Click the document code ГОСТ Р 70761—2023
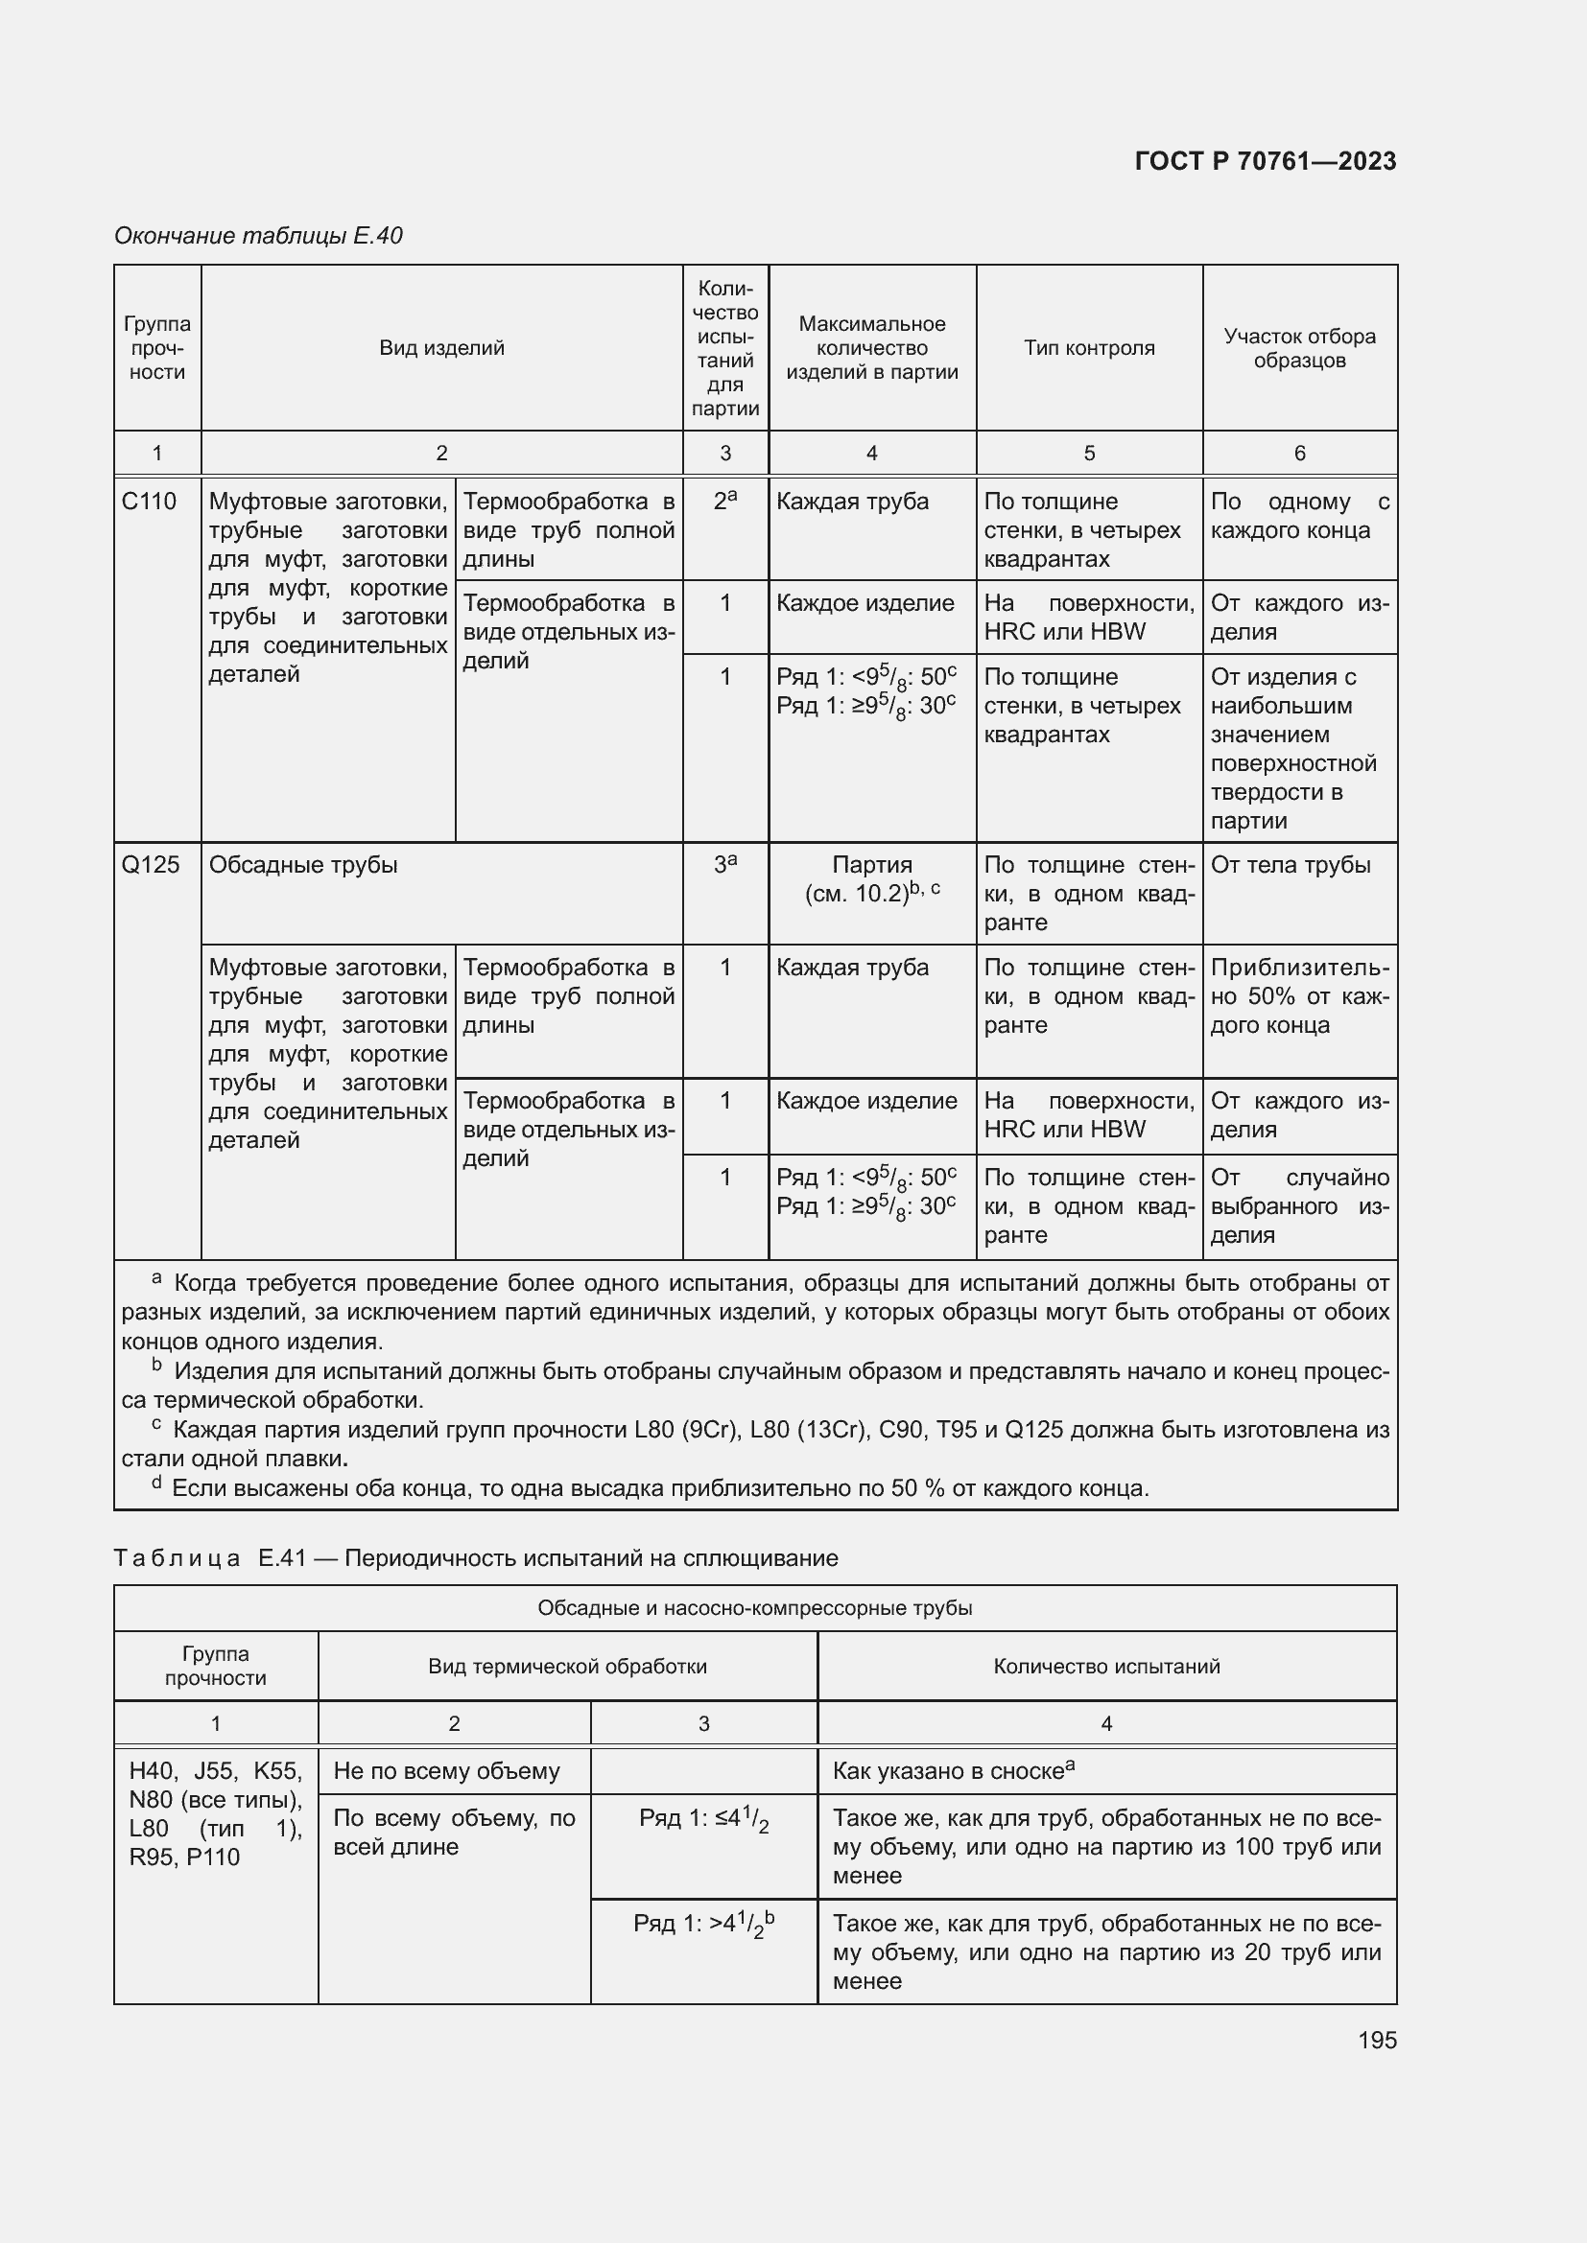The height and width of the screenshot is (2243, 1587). point(1265,161)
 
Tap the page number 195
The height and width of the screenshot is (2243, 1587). point(1376,2040)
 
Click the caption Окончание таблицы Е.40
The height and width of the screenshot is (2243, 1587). point(258,236)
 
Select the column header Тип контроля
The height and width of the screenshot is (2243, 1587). point(1089,348)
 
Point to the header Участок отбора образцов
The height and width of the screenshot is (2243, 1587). point(1299,348)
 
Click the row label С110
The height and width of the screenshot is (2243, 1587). point(150,502)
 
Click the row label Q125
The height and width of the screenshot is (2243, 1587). point(151,865)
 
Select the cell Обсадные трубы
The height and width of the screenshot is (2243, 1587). point(304,865)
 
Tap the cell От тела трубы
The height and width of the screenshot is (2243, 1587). point(1290,865)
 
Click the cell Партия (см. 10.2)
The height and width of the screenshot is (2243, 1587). point(871,879)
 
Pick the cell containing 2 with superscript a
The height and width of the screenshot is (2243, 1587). point(725,502)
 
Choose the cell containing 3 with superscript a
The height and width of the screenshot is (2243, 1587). point(725,865)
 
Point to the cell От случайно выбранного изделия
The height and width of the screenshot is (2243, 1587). point(1299,1205)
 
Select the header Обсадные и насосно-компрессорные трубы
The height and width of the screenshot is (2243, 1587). point(754,1608)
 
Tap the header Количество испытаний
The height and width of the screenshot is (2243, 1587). point(1106,1666)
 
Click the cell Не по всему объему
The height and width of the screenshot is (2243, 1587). point(446,1771)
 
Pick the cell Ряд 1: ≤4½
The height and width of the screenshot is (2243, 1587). point(703,1819)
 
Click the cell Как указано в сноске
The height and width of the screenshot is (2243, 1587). point(953,1771)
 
